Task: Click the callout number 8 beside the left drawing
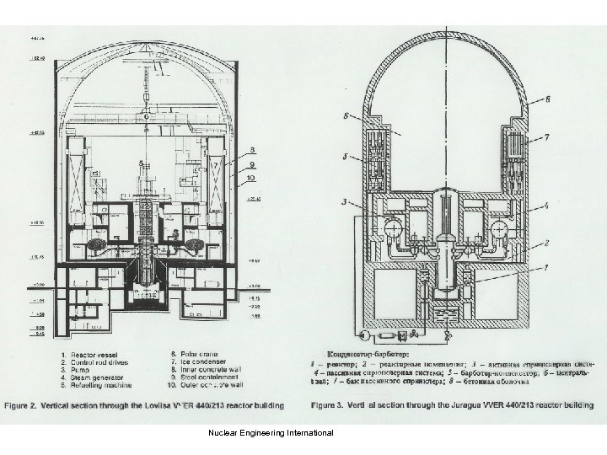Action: click(x=251, y=152)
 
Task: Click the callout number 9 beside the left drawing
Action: click(x=251, y=166)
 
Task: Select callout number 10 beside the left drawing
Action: click(x=251, y=179)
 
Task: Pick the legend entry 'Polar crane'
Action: click(x=193, y=354)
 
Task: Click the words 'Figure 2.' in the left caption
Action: click(x=23, y=404)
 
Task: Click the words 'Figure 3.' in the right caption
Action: click(x=330, y=404)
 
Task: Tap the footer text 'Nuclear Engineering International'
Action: click(x=268, y=432)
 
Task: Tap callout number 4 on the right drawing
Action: click(x=547, y=205)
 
